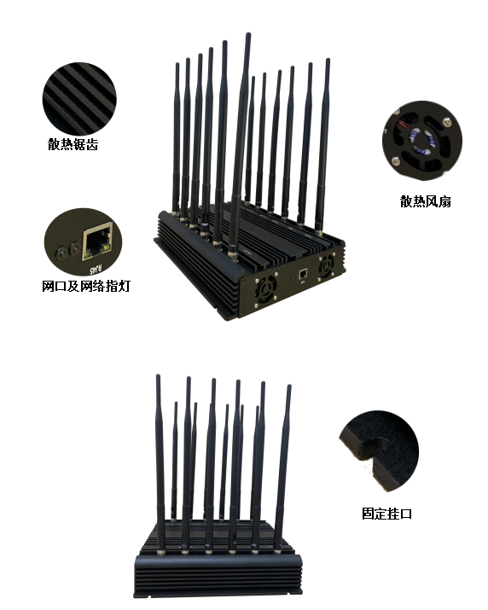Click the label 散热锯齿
click(x=73, y=144)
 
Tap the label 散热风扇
click(x=426, y=201)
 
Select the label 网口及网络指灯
click(x=85, y=286)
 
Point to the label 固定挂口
click(x=386, y=514)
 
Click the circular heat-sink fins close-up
click(x=79, y=98)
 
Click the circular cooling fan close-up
click(x=422, y=141)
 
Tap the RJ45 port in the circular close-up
click(x=97, y=241)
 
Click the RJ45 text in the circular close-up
click(x=96, y=269)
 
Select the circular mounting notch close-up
click(x=379, y=450)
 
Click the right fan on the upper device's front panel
click(x=327, y=265)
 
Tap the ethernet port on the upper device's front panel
click(x=304, y=273)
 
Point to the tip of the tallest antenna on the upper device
click(x=248, y=34)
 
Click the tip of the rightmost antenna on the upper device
click(x=328, y=60)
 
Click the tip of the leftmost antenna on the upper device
click(x=177, y=64)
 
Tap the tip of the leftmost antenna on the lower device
click(x=158, y=376)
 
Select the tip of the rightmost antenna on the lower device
click(x=289, y=386)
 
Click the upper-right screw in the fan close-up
click(x=447, y=122)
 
